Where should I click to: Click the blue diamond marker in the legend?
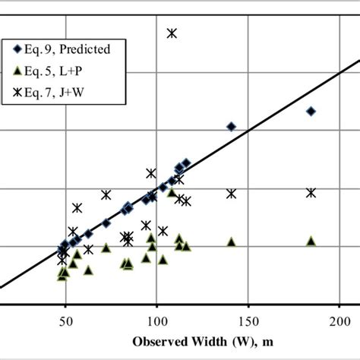click(17, 49)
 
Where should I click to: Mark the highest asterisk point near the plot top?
click(172, 33)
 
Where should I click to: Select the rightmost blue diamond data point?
click(311, 111)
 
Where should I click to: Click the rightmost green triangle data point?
click(311, 241)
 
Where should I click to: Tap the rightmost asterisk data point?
click(311, 193)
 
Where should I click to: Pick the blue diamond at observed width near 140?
click(232, 126)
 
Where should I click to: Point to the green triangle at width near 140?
click(232, 242)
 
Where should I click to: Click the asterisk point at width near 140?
click(232, 194)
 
